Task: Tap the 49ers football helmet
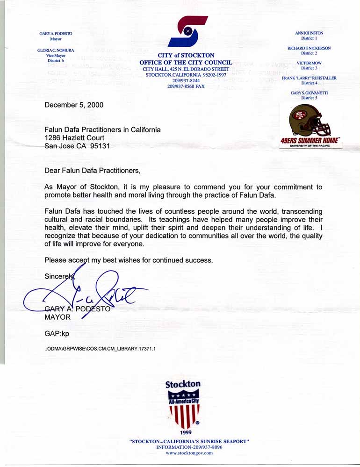tap(310, 120)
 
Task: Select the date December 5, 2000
tap(74, 105)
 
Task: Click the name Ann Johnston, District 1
tap(309, 33)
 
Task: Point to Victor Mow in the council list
tap(309, 63)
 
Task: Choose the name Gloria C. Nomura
tap(56, 50)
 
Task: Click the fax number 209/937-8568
tap(186, 86)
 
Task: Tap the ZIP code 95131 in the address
tap(102, 146)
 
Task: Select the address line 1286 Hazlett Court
tap(74, 138)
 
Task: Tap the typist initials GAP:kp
tap(57, 333)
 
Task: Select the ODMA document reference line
tap(100, 349)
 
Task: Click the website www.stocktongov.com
tap(189, 453)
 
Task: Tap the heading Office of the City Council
tap(186, 62)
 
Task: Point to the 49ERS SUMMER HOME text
tap(310, 140)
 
